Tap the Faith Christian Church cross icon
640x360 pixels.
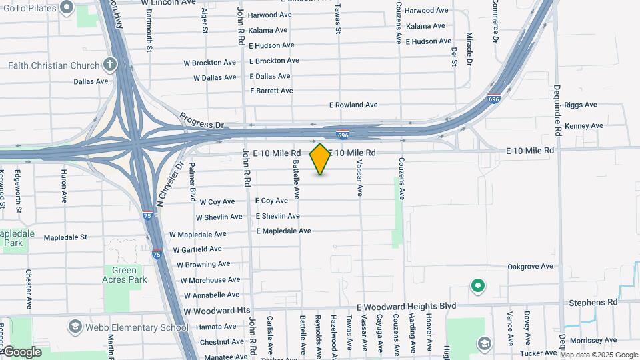coord(110,65)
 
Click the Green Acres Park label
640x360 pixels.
coord(125,275)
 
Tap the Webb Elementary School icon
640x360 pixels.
coord(74,327)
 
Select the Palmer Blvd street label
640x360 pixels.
coord(192,182)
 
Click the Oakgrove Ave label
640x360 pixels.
coord(530,267)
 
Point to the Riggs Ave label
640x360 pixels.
coord(581,105)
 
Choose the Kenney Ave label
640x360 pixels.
coord(583,126)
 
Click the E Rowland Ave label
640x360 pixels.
coord(353,105)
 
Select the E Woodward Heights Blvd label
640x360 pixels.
coord(406,307)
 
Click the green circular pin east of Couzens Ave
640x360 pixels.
coord(477,287)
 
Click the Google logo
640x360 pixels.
coord(22,351)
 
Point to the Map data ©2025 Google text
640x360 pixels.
coord(599,355)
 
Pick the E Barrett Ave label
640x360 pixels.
coord(271,91)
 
